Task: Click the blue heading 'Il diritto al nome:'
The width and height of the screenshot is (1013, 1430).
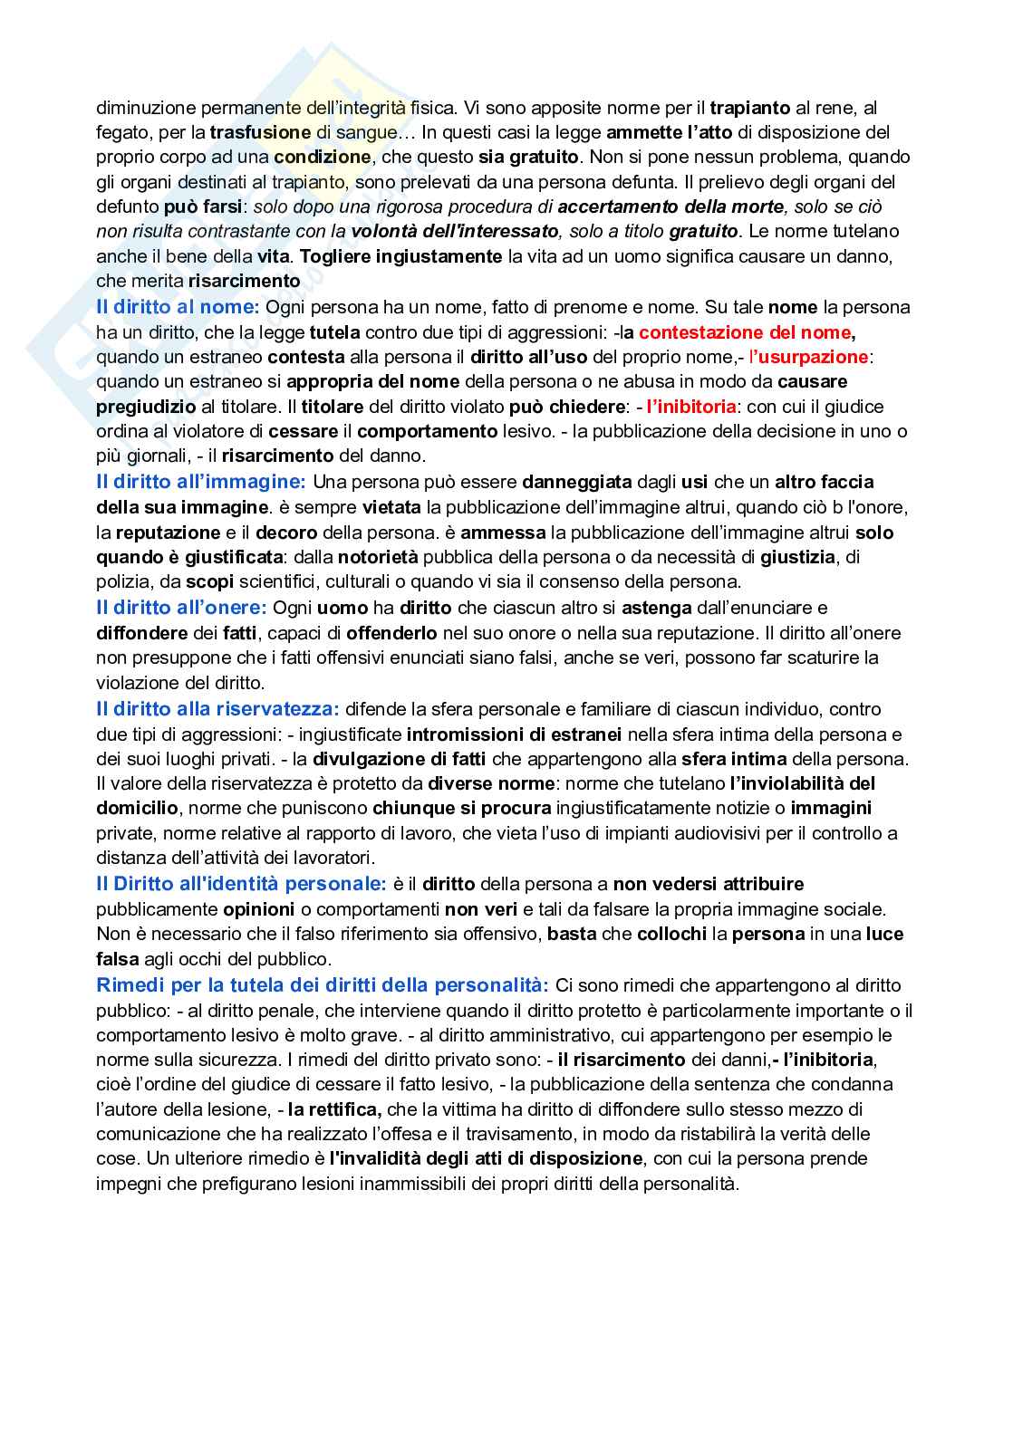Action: pyautogui.click(x=178, y=307)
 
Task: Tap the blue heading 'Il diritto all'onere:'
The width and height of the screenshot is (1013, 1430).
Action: pyautogui.click(x=181, y=608)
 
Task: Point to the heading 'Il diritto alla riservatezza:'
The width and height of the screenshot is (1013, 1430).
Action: pyautogui.click(x=217, y=709)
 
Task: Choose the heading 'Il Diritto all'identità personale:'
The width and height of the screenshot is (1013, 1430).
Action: pyautogui.click(x=241, y=883)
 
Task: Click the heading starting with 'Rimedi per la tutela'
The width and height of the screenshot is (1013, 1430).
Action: pyautogui.click(x=322, y=984)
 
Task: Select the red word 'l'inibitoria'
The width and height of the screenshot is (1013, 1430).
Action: pyautogui.click(x=690, y=407)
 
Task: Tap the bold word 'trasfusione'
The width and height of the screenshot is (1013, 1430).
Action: pyautogui.click(x=260, y=132)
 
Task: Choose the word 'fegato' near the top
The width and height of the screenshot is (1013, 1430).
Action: pyautogui.click(x=120, y=132)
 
